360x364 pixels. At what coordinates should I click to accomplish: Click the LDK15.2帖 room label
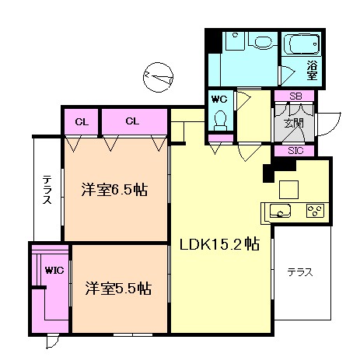pyautogui.click(x=219, y=244)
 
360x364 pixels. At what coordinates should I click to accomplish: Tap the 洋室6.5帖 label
pyautogui.click(x=114, y=190)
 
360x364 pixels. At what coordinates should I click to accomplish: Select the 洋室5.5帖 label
pyautogui.click(x=118, y=289)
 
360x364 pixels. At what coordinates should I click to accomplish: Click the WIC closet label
pyautogui.click(x=54, y=271)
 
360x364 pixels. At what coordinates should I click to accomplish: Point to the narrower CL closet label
pyautogui.click(x=82, y=122)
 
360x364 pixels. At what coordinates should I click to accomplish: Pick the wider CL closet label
pyautogui.click(x=132, y=121)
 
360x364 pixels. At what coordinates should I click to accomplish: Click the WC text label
pyautogui.click(x=219, y=100)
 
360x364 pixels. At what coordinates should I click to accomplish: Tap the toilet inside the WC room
pyautogui.click(x=221, y=120)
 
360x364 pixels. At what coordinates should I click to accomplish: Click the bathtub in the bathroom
pyautogui.click(x=302, y=44)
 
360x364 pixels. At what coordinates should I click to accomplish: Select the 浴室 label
pyautogui.click(x=312, y=70)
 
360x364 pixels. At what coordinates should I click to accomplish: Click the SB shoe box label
pyautogui.click(x=295, y=96)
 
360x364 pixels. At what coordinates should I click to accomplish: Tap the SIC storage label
pyautogui.click(x=295, y=151)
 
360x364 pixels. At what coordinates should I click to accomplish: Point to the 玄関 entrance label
pyautogui.click(x=293, y=124)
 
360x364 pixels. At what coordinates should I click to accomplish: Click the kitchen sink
pyautogui.click(x=280, y=211)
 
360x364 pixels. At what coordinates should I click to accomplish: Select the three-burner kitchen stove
pyautogui.click(x=315, y=211)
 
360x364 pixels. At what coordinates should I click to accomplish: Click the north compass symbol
pyautogui.click(x=158, y=77)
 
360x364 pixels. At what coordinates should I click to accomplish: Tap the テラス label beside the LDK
pyautogui.click(x=300, y=272)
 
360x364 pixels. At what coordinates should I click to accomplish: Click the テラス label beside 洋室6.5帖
pyautogui.click(x=47, y=190)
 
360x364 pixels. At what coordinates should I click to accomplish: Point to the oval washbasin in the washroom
pyautogui.click(x=262, y=42)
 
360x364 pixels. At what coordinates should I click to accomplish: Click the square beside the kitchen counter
pyautogui.click(x=288, y=190)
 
